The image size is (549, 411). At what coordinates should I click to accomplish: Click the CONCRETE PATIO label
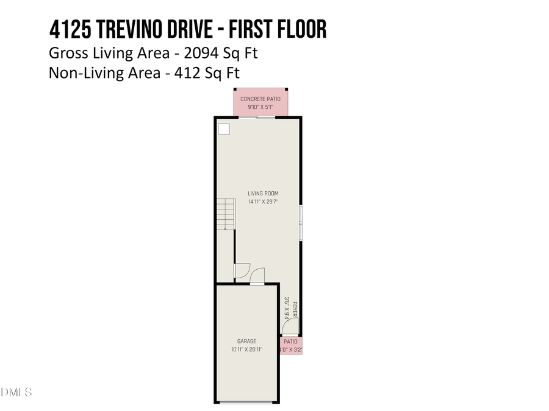pos(260,99)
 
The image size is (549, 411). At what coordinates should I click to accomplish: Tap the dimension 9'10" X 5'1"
pos(260,107)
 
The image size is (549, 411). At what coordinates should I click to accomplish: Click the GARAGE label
pos(247,342)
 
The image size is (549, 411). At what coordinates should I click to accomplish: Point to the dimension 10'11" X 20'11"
pos(247,350)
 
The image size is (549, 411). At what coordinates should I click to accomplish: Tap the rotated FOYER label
pos(294,309)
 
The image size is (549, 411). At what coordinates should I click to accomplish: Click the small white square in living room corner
pos(224,128)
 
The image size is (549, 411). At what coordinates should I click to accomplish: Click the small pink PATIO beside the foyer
pos(291,346)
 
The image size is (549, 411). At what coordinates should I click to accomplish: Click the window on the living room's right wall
pos(300,222)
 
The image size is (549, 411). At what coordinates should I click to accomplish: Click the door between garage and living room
pos(257,277)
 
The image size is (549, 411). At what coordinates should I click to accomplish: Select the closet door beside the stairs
pos(241,270)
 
